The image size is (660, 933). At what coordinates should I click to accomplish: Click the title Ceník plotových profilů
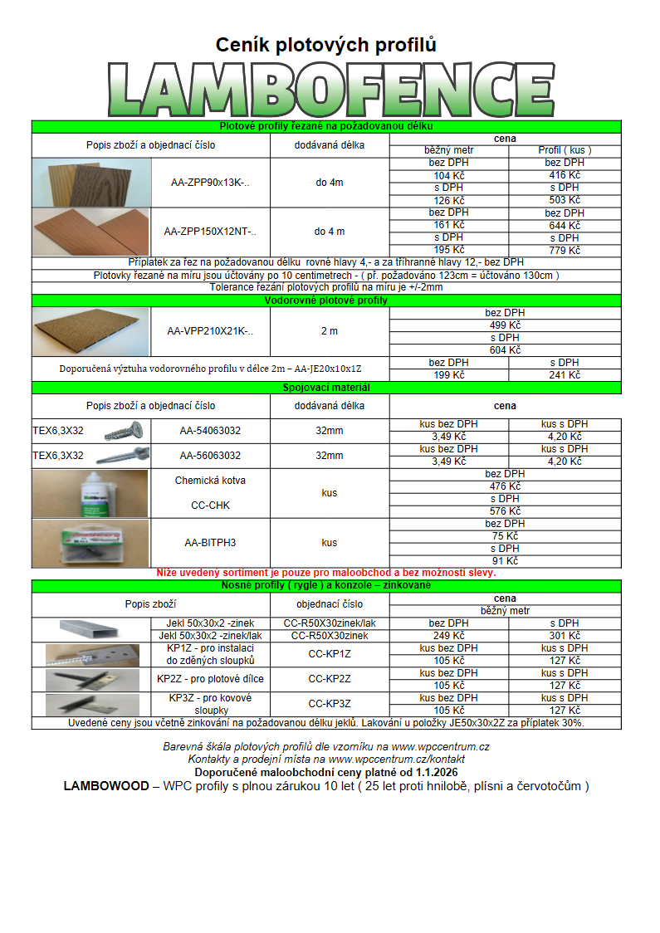pyautogui.click(x=326, y=44)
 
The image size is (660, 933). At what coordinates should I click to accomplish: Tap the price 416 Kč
pyautogui.click(x=565, y=175)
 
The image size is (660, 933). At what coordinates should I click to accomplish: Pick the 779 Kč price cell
pyautogui.click(x=565, y=251)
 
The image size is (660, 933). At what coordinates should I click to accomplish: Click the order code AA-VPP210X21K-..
pyautogui.click(x=210, y=331)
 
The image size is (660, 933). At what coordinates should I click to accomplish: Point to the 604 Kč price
pyautogui.click(x=505, y=350)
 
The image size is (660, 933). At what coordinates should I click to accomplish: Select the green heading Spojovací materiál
pyautogui.click(x=326, y=388)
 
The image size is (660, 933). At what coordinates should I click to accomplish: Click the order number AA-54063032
pyautogui.click(x=210, y=431)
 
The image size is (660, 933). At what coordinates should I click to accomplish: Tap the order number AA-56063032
pyautogui.click(x=210, y=456)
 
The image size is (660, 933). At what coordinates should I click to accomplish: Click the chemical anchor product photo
pyautogui.click(x=90, y=493)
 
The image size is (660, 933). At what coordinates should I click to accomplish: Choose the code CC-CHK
pyautogui.click(x=210, y=506)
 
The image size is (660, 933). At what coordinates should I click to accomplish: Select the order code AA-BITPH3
pyautogui.click(x=210, y=543)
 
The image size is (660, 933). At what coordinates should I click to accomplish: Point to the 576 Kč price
pyautogui.click(x=505, y=511)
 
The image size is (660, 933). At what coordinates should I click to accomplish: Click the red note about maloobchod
pyautogui.click(x=326, y=573)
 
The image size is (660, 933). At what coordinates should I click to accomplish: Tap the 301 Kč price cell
pyautogui.click(x=565, y=636)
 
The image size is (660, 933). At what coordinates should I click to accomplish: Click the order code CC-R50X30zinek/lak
pyautogui.click(x=330, y=623)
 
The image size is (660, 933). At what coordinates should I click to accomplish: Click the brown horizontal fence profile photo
pyautogui.click(x=90, y=331)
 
